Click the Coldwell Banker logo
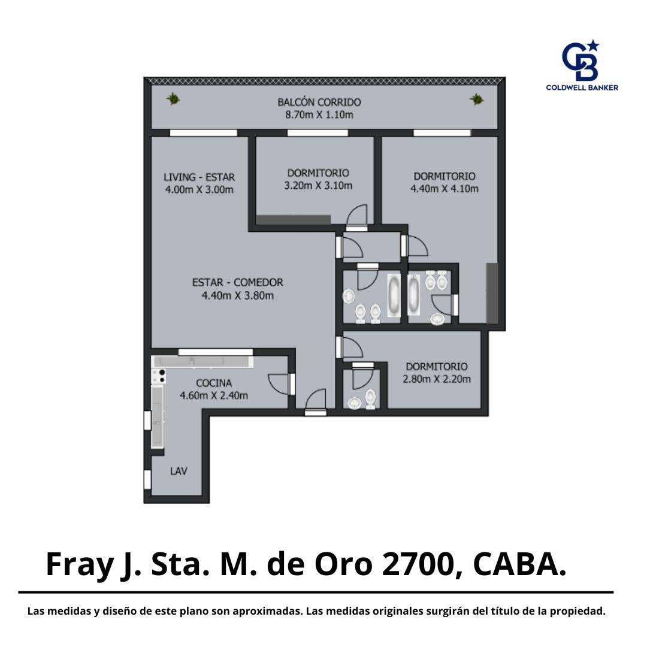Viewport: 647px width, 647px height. click(582, 65)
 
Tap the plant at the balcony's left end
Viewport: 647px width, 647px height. click(173, 99)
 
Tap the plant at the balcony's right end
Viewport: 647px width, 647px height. click(477, 99)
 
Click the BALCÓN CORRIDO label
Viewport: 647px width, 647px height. click(319, 102)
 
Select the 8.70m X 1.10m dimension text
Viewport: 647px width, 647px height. click(319, 114)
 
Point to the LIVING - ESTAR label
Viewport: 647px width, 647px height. click(199, 177)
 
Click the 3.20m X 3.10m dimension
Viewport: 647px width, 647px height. click(318, 186)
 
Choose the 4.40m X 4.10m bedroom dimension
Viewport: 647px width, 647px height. click(445, 189)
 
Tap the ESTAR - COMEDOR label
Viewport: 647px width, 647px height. click(238, 283)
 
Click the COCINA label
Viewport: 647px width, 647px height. click(214, 383)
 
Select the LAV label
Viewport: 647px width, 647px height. click(179, 471)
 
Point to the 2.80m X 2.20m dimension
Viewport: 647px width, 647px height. click(437, 379)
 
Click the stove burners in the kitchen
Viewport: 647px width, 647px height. click(159, 376)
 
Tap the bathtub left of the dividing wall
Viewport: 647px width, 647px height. click(394, 295)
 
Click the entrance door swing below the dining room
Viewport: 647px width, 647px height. click(316, 400)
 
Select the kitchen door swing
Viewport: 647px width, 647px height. click(279, 383)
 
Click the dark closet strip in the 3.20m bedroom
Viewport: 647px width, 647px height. click(294, 220)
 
